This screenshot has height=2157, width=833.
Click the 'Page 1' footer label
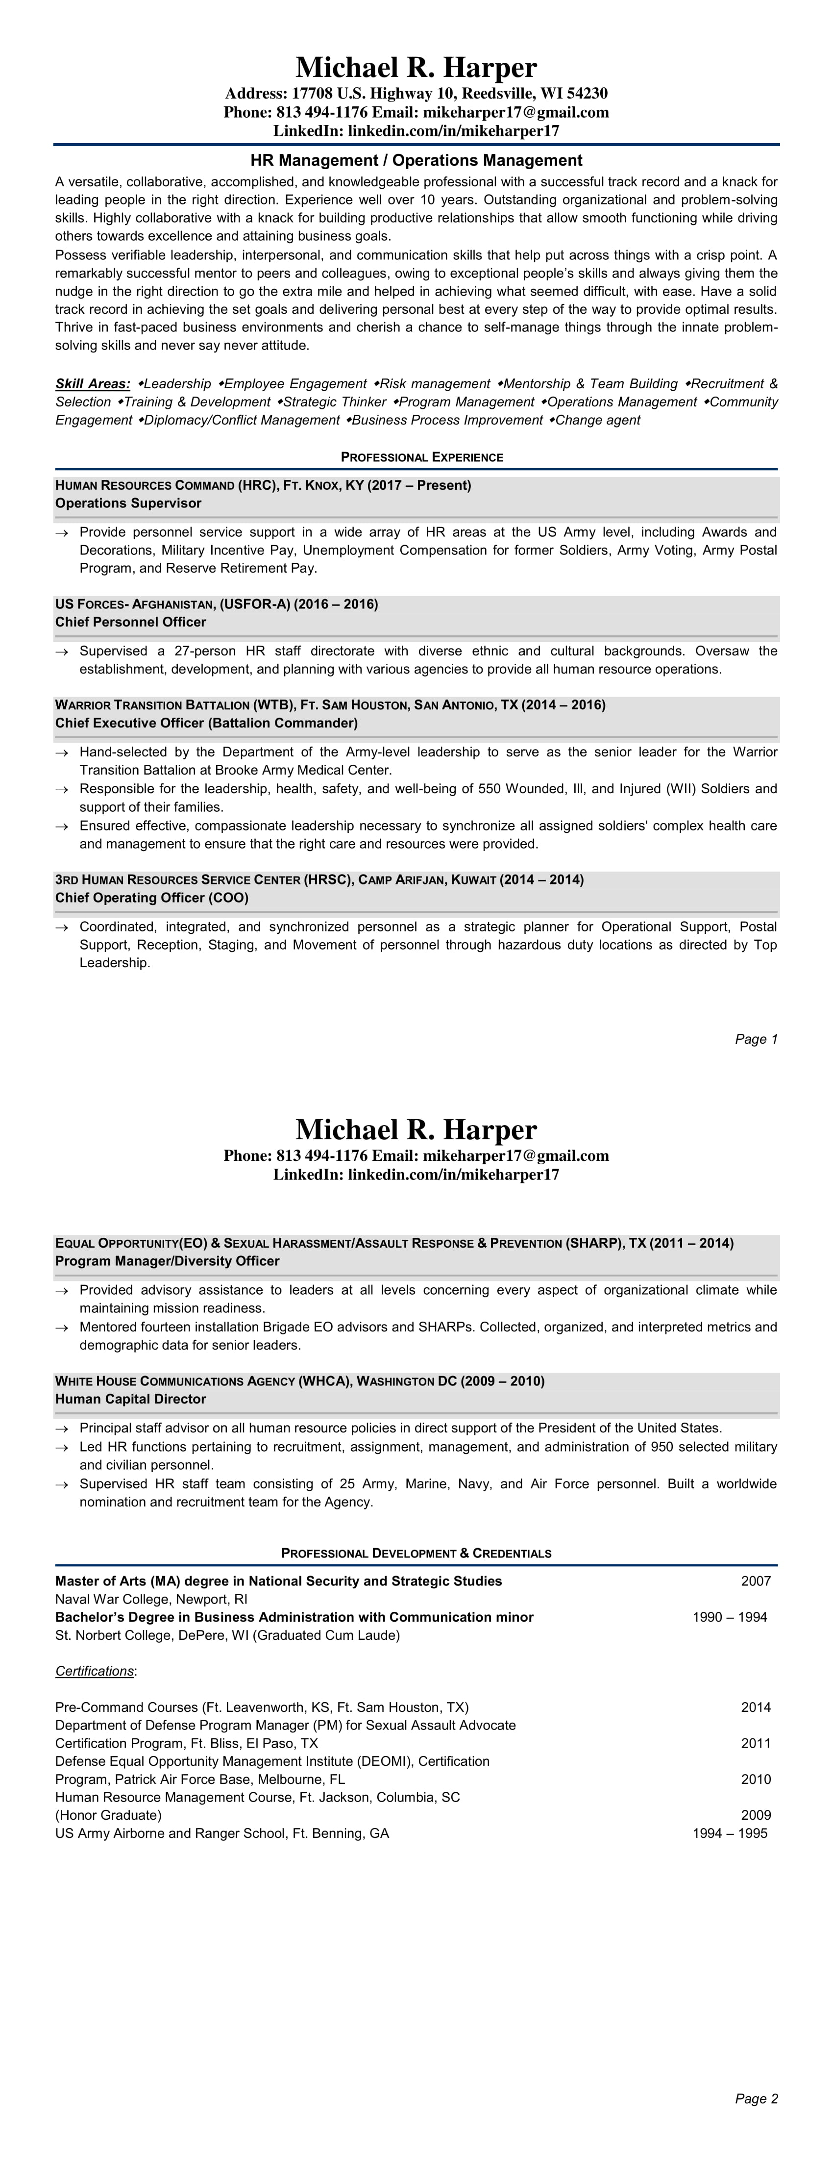(x=756, y=1039)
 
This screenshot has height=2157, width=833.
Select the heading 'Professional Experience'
(x=422, y=457)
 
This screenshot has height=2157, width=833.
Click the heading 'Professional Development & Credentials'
(x=416, y=1553)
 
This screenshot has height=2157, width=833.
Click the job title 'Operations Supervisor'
(x=128, y=503)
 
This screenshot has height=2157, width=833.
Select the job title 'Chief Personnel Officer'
(x=131, y=622)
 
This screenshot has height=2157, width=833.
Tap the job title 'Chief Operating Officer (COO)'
(x=151, y=898)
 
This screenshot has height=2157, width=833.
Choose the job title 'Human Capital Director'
(x=131, y=1399)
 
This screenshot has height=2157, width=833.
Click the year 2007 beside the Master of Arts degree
(x=755, y=1581)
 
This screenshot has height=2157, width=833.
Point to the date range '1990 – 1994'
(x=729, y=1617)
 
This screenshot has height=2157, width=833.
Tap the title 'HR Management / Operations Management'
(x=416, y=160)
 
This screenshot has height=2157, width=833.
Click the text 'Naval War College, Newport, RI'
(x=151, y=1599)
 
